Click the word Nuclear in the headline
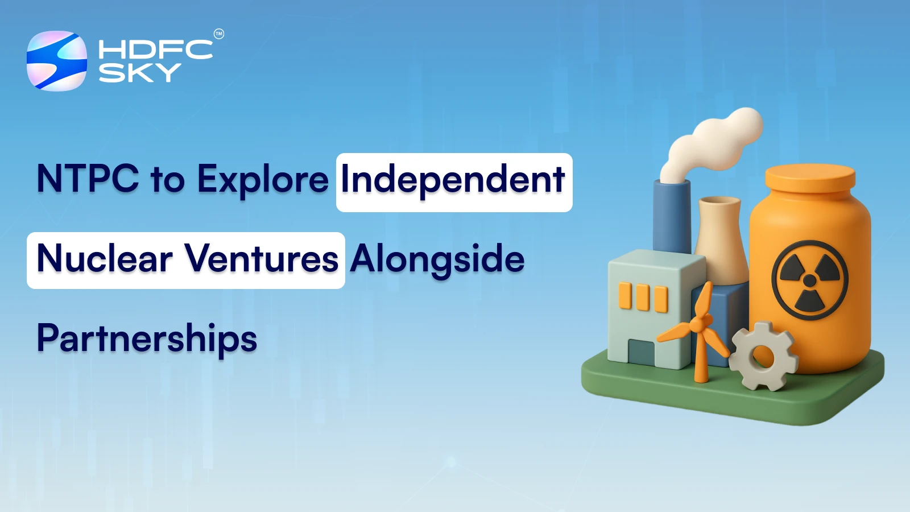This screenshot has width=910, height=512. [105, 259]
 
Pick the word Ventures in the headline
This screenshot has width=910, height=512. [262, 259]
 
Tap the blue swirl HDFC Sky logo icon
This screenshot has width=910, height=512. [57, 61]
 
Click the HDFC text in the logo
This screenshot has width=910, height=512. [155, 49]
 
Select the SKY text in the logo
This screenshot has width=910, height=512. [139, 73]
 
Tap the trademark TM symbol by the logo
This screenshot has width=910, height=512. [218, 34]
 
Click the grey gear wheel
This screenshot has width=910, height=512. [763, 356]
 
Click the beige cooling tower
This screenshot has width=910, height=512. [721, 239]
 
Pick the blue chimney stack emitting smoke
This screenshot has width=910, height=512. [671, 216]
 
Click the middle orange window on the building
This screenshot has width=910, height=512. [643, 298]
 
